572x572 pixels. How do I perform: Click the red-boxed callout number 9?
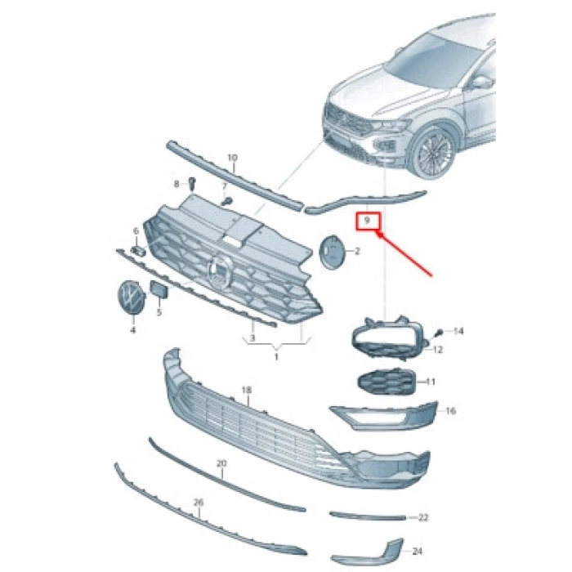pos(368,220)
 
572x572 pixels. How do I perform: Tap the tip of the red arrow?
pos(378,233)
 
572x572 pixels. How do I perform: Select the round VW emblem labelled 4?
pos(132,297)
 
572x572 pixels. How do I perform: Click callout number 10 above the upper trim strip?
pos(232,158)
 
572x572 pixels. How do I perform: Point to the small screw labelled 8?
pos(192,183)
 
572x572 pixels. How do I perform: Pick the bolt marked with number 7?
pos(228,200)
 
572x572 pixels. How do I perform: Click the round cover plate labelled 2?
pos(331,252)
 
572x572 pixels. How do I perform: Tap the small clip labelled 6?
pos(138,250)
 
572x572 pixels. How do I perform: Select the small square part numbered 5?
pos(159,289)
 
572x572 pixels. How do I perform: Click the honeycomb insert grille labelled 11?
pos(387,382)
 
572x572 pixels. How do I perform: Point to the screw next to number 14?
pos(440,333)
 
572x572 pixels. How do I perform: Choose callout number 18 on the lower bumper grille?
pos(247,390)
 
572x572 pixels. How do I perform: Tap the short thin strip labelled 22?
pos(368,516)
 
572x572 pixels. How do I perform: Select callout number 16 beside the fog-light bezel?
pos(451,411)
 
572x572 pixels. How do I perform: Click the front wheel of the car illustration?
pos(434,152)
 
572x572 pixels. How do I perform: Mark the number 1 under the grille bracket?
pos(276,356)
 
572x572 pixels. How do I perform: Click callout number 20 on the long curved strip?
pos(221,463)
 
